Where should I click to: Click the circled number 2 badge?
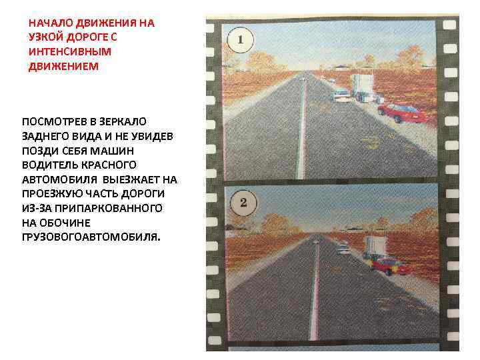pyautogui.click(x=243, y=203)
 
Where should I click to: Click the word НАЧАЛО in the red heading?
pyautogui.click(x=51, y=22)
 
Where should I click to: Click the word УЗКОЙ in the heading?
pyautogui.click(x=47, y=37)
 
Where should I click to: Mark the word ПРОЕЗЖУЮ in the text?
pyautogui.click(x=52, y=193)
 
